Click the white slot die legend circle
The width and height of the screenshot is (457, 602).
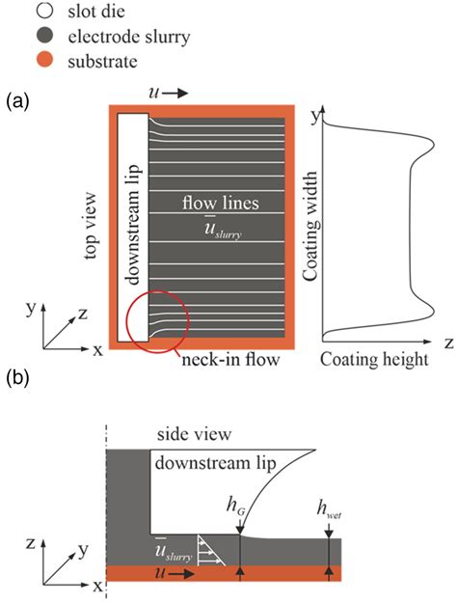pos(46,11)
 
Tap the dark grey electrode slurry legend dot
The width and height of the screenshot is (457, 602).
pos(46,36)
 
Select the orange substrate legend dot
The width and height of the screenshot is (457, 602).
pos(46,60)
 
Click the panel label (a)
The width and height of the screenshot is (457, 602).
pos(17,101)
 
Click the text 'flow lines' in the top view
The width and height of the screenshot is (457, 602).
pos(221,203)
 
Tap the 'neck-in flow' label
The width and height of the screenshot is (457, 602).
pos(230,360)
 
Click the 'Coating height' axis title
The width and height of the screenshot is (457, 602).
pos(374,360)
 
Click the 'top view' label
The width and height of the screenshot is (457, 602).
pos(91,226)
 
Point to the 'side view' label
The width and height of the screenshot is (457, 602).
pos(194,434)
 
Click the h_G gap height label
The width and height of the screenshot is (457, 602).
pos(235,506)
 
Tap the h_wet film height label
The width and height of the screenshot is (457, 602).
pos(329,509)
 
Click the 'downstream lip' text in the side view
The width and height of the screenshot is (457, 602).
pos(215,463)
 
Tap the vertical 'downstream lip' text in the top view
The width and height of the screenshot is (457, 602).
pos(133,225)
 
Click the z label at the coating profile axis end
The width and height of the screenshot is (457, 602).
pos(449,342)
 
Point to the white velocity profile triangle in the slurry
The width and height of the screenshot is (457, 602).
pos(210,550)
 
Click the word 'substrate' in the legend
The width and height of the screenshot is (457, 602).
pos(102,62)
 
